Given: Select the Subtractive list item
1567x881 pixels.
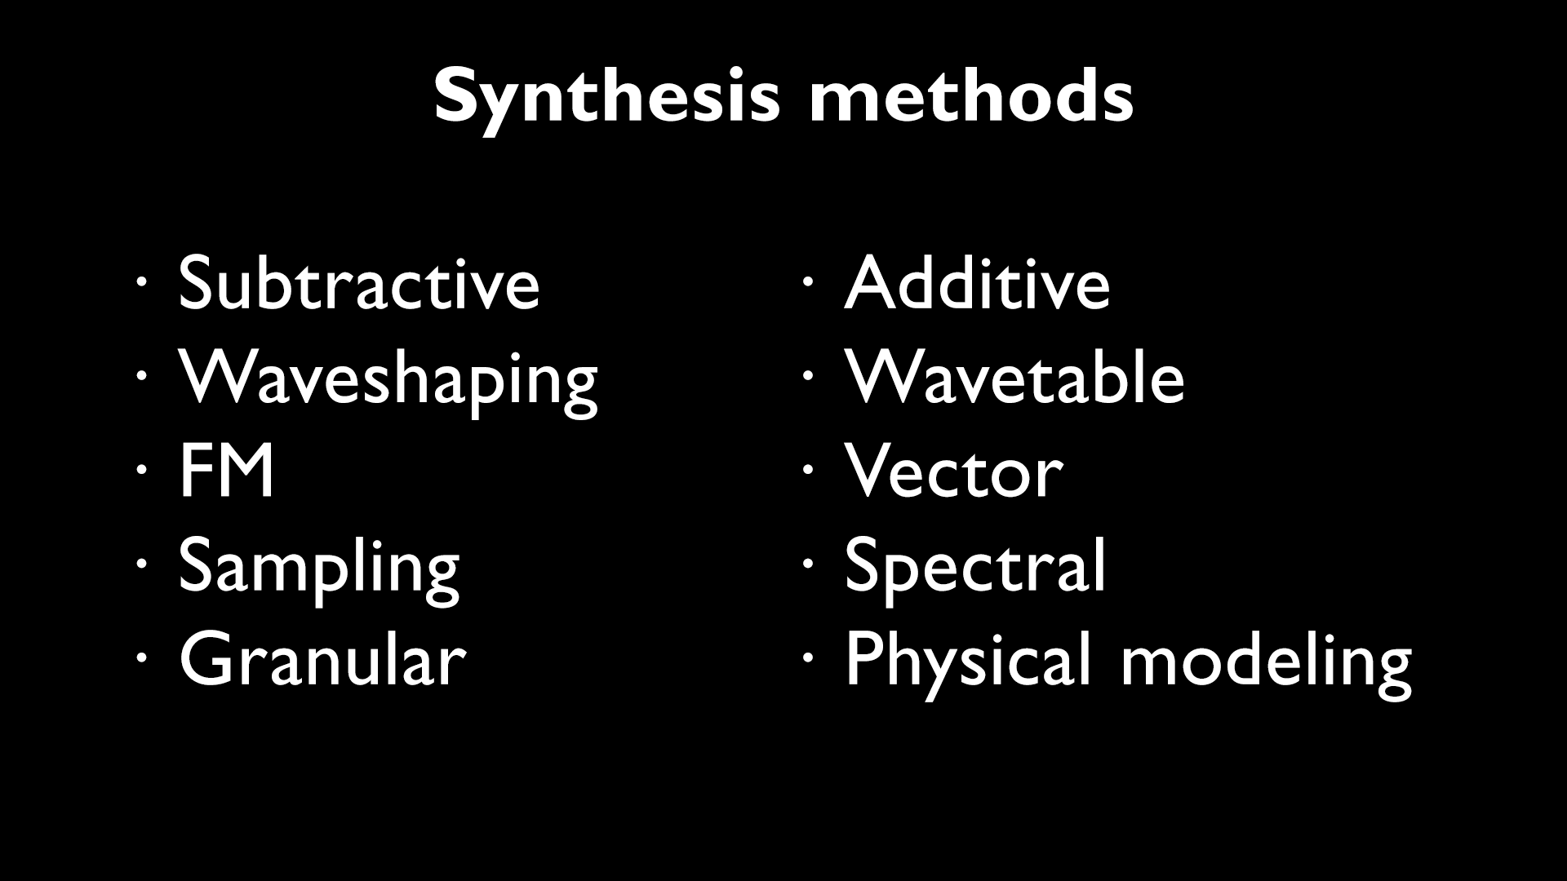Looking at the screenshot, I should point(358,284).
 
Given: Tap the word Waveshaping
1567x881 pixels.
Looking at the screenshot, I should point(388,379).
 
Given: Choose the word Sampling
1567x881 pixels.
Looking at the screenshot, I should point(319,568).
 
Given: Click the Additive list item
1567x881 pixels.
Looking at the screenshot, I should point(977,284).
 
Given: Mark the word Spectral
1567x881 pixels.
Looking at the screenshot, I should point(975,568).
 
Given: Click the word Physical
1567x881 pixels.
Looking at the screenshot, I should point(967,661).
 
